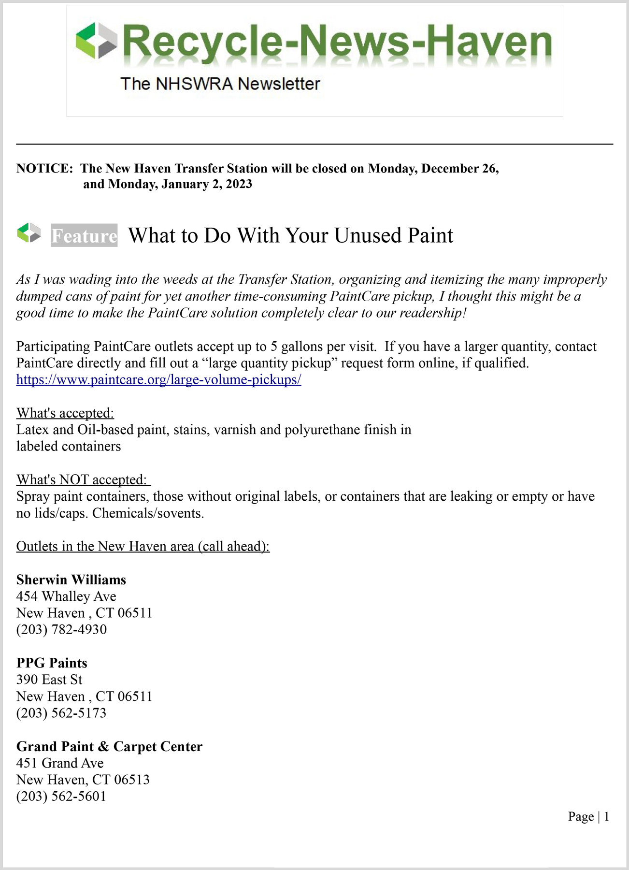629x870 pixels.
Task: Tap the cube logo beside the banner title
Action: point(97,41)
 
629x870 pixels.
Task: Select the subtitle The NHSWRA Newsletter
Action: point(220,84)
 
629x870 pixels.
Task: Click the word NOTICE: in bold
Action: point(44,168)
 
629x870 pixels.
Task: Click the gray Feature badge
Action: point(84,235)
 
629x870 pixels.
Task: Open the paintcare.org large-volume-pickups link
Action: point(158,379)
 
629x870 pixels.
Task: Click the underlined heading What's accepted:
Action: point(65,413)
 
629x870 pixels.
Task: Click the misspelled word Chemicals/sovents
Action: point(148,513)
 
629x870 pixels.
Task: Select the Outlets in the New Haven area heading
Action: point(143,546)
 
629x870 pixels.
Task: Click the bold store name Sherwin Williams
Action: point(71,580)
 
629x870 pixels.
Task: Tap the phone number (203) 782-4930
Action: point(61,629)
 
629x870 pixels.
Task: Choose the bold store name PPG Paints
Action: point(52,663)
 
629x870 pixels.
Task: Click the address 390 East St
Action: point(49,680)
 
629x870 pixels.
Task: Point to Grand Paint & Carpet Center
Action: point(109,746)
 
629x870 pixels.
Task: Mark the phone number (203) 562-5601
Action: point(61,796)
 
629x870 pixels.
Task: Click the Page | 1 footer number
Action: point(588,816)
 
